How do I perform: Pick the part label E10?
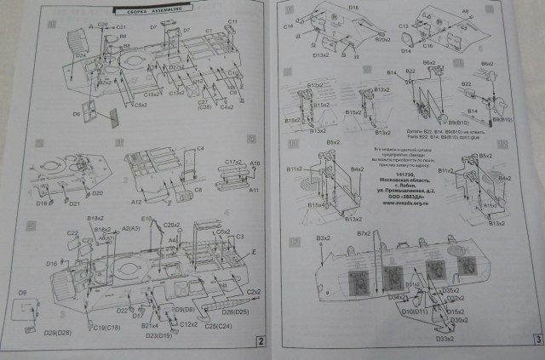pos(146,220)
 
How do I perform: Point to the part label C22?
pos(73,233)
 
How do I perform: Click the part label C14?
pos(289,26)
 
